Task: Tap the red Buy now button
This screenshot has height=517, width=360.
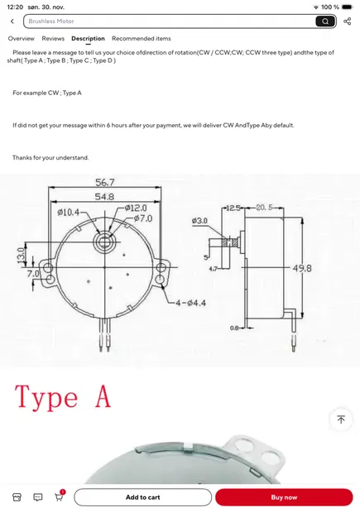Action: point(284,497)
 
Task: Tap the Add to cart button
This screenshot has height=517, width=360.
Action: point(142,497)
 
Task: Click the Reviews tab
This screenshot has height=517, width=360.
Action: point(53,39)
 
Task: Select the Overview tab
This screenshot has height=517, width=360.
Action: point(22,39)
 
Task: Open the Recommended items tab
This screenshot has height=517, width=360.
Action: point(142,39)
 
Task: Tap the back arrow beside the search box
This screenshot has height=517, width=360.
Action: point(12,21)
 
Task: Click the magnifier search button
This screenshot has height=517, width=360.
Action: point(325,21)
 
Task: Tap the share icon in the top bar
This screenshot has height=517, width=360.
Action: point(348,21)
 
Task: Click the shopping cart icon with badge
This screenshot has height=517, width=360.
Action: point(60,496)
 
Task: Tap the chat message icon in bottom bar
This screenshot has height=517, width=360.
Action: point(38,497)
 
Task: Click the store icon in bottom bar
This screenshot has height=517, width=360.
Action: point(16,497)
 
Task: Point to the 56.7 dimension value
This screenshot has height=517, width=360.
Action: point(104,182)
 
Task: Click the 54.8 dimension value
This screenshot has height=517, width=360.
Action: point(104,197)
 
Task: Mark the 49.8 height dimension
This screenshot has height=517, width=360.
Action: point(326,269)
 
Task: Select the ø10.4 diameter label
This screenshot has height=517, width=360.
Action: point(69,213)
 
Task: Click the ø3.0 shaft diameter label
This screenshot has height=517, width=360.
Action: point(200,221)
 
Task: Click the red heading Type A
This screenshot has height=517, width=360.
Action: point(63,397)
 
